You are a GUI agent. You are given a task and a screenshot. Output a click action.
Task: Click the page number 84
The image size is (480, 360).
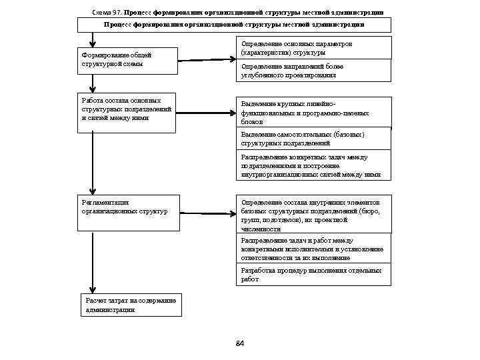click(x=240, y=343)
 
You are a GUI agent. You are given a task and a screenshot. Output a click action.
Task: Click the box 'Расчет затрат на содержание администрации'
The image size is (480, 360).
click(x=130, y=305)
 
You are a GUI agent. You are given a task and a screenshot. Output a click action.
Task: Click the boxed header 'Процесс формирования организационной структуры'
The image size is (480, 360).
click(x=234, y=25)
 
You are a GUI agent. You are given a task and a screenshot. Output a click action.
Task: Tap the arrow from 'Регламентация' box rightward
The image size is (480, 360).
click(x=207, y=214)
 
